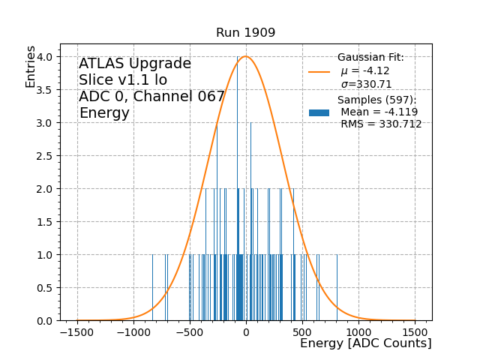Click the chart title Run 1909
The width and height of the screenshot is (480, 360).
click(x=245, y=33)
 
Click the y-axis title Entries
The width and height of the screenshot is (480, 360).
click(x=31, y=66)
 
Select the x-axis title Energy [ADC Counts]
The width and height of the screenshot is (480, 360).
click(x=365, y=343)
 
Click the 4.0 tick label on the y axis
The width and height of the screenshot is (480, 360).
click(x=45, y=57)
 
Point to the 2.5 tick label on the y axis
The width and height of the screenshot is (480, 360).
click(x=45, y=156)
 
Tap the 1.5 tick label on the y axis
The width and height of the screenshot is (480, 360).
click(x=45, y=222)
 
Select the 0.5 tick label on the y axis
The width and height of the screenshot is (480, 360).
click(x=45, y=288)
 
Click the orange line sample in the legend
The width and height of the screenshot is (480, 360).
click(x=319, y=72)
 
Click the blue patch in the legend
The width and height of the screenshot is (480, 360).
click(x=319, y=112)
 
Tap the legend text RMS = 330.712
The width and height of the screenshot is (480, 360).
click(x=381, y=124)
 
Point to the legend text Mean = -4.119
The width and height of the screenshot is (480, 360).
click(x=379, y=112)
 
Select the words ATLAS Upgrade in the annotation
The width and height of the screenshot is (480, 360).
click(x=135, y=64)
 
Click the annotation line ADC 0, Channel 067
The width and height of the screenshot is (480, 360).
click(x=151, y=97)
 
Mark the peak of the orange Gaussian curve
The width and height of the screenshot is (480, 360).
click(x=245, y=57)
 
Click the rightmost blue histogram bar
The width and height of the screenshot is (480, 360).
click(x=337, y=288)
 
